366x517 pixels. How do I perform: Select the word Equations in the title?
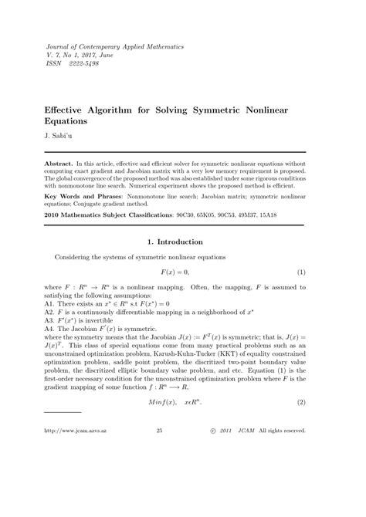click(72, 121)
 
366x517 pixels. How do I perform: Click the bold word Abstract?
click(63, 164)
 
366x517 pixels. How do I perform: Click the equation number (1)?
click(302, 272)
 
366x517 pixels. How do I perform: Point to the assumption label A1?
click(50, 305)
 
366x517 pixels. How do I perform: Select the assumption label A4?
click(50, 329)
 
